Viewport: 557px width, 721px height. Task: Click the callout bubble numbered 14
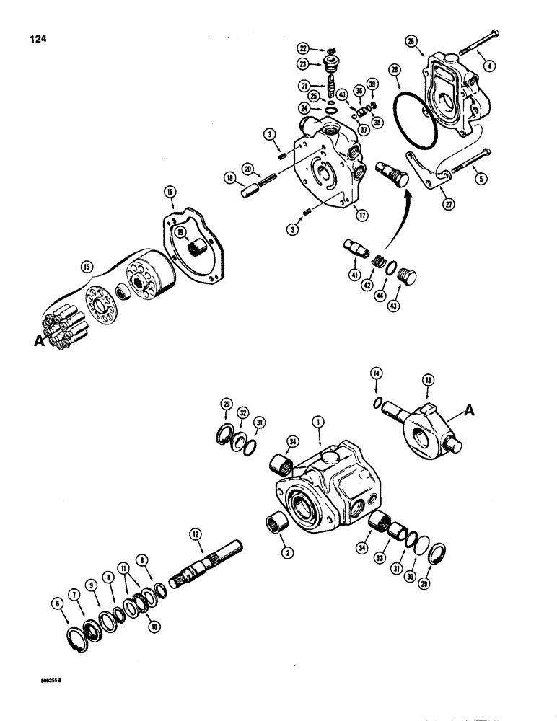(375, 373)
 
